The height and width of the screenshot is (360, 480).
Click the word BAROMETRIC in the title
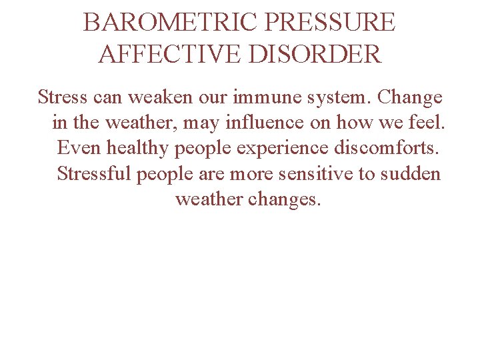click(170, 23)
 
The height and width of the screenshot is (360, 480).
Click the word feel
click(423, 123)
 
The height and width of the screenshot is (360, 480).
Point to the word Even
click(77, 148)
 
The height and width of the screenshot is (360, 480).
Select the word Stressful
click(93, 173)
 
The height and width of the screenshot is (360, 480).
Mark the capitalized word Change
click(409, 99)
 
